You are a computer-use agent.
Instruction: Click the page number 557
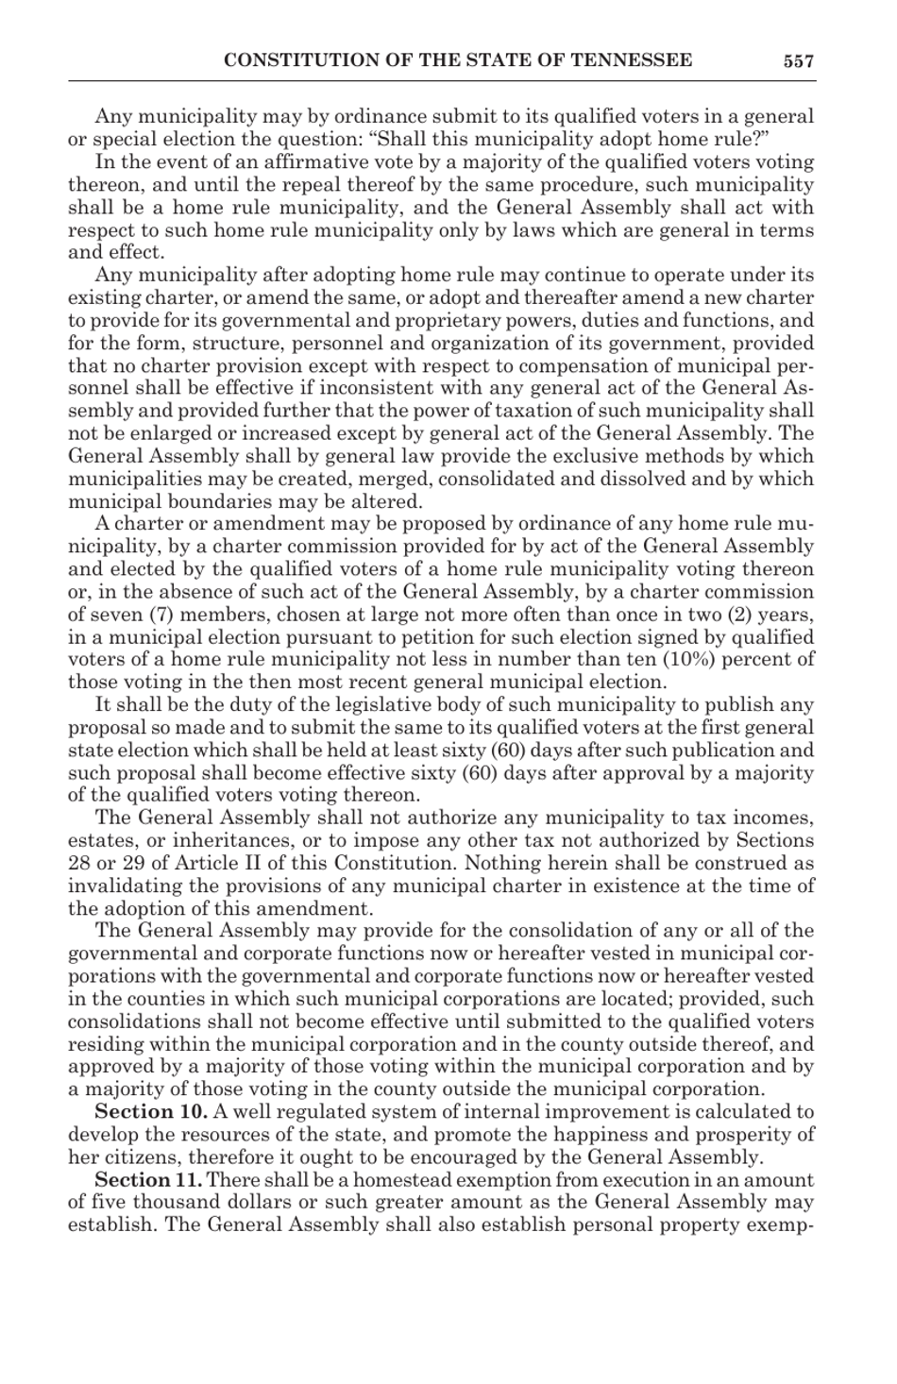[798, 61]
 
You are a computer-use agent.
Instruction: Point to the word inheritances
[229, 841]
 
